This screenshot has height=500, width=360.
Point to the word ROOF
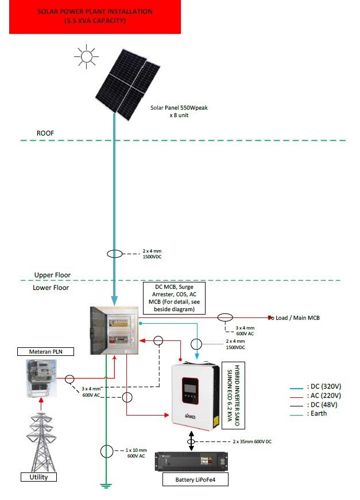[x=45, y=133]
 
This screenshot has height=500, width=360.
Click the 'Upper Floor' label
[x=52, y=274]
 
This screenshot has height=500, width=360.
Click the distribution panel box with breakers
[x=114, y=330]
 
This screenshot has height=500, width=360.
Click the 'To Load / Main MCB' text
[x=294, y=317]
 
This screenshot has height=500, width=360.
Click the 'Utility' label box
[x=35, y=477]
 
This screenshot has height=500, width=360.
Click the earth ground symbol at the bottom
[x=105, y=486]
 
